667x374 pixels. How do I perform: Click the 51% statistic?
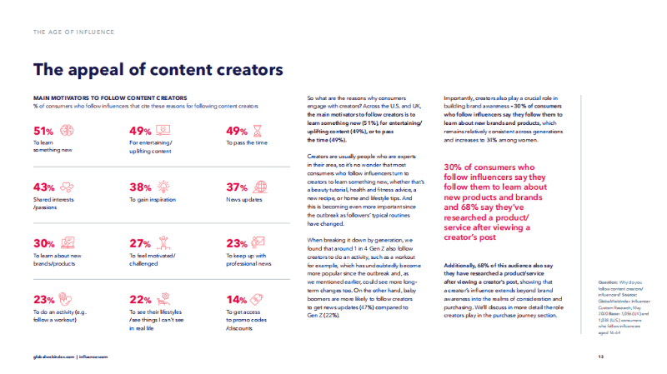43,131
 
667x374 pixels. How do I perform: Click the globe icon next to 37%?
258,187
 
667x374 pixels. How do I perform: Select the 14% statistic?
238,300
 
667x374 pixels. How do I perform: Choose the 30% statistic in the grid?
43,244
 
